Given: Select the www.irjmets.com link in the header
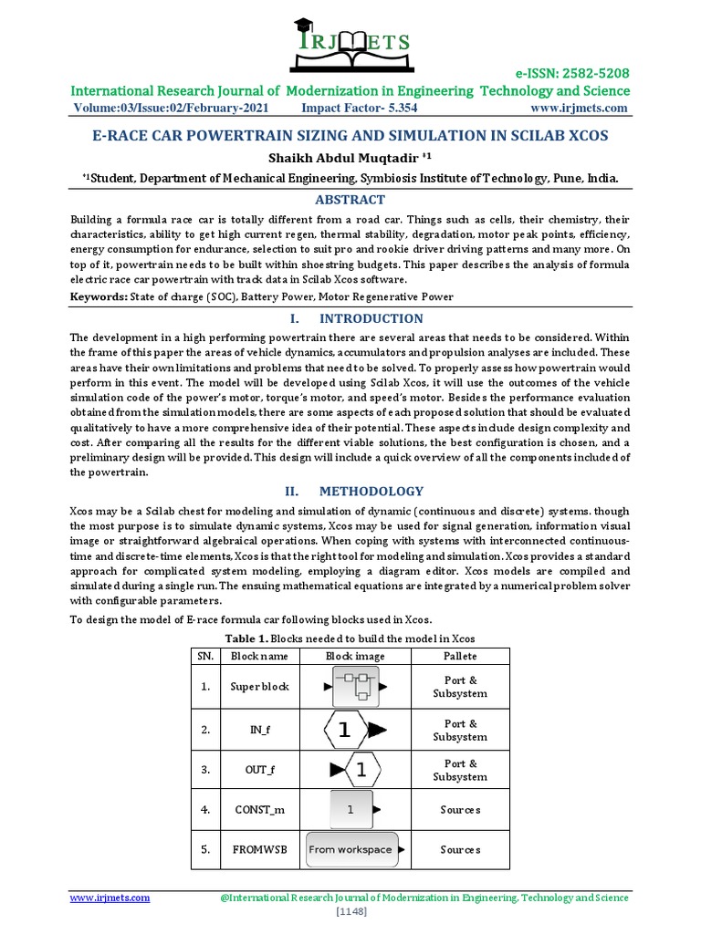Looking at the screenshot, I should pos(579,109).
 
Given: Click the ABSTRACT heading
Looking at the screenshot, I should pos(350,200).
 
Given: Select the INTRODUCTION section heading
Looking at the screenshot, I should pos(371,318).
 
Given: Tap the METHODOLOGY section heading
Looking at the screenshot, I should pos(371,491).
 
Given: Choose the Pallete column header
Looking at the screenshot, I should pos(459,656).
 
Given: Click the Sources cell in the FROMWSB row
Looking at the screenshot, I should pos(459,849).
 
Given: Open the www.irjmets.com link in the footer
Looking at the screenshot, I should pos(110,898).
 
